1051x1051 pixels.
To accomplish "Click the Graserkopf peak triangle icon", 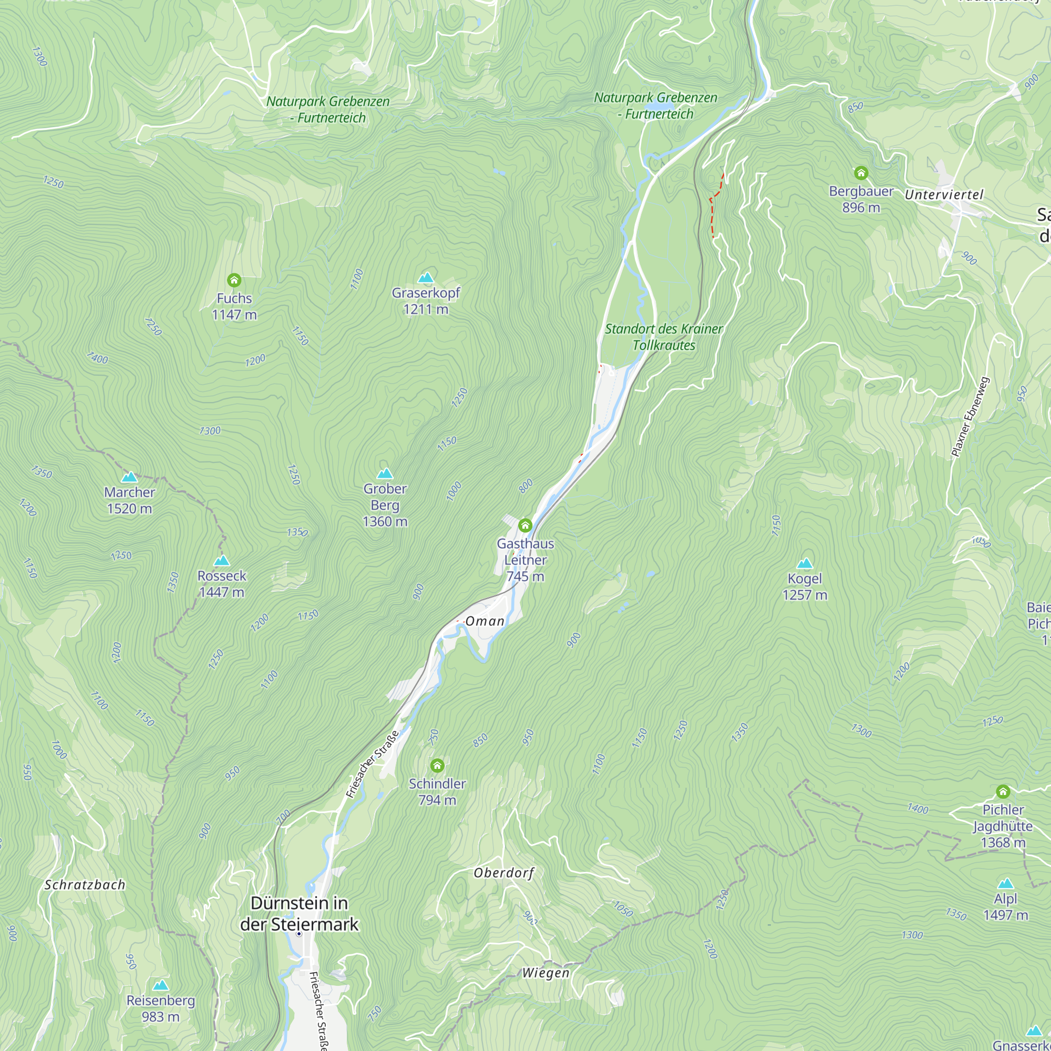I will click(426, 278).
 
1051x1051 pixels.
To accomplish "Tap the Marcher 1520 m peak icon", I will click(129, 477).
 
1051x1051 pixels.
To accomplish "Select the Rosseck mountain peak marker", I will click(221, 561).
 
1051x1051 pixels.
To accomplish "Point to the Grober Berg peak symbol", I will click(385, 473).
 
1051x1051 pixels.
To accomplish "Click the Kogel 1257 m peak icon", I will click(805, 563).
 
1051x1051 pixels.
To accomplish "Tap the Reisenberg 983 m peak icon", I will click(160, 986).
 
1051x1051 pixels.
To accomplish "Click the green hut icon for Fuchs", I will click(234, 280).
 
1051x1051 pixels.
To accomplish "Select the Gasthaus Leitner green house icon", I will click(525, 525).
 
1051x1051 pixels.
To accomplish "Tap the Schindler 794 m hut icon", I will click(437, 766).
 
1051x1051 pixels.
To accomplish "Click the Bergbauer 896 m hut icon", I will click(861, 173).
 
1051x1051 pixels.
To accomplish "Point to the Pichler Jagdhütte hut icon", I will click(1003, 791).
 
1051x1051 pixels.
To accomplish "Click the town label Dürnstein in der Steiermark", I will click(299, 913).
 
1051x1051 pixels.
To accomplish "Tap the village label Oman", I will click(485, 621).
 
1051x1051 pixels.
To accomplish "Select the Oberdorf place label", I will click(504, 873).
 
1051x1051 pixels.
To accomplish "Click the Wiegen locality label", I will click(545, 973).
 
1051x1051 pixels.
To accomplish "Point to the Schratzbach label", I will click(85, 885).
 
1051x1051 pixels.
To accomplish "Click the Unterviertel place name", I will click(944, 195).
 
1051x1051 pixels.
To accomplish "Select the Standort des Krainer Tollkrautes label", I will click(664, 337).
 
